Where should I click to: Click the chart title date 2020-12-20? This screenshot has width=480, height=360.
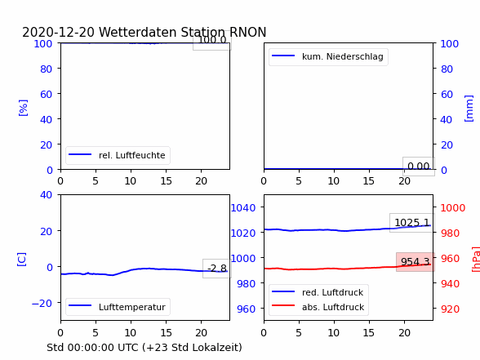tap(58, 32)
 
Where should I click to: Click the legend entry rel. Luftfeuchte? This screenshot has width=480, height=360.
tap(118, 155)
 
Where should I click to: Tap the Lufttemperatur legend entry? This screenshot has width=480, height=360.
tap(118, 307)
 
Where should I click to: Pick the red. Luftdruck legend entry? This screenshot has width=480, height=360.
tap(318, 292)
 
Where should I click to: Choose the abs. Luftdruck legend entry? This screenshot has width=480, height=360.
tap(318, 307)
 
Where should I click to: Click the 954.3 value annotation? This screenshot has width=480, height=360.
tap(415, 262)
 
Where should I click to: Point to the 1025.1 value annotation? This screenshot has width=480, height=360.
tap(412, 223)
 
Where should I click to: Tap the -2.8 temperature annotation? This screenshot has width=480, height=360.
tap(217, 269)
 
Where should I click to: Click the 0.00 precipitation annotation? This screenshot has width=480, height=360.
tap(419, 167)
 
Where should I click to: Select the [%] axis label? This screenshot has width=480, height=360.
tap(23, 108)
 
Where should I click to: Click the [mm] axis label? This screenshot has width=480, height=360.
tap(469, 109)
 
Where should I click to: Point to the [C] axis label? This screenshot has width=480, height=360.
tap(22, 259)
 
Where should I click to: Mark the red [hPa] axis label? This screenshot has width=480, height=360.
tap(476, 259)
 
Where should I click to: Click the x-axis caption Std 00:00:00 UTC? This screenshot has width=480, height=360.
tap(93, 347)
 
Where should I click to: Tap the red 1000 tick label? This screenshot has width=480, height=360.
tap(453, 208)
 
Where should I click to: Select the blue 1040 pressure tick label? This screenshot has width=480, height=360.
tap(243, 208)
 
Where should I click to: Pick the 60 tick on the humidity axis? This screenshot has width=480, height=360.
tap(46, 94)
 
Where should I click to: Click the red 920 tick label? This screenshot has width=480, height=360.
tap(450, 309)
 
